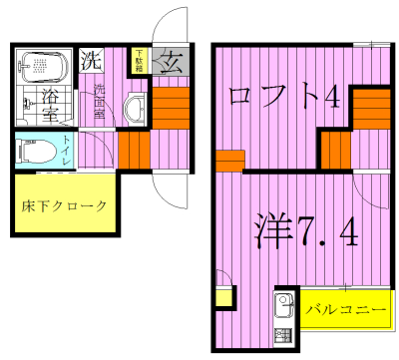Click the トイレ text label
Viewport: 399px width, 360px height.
point(66,151)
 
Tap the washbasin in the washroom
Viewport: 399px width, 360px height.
point(135,110)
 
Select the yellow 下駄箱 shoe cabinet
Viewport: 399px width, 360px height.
point(139,61)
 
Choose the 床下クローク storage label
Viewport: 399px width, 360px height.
point(64,206)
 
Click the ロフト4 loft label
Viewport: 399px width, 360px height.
point(284,97)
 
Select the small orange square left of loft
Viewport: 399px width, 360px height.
point(230,161)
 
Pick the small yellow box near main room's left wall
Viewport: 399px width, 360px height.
point(223,297)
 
